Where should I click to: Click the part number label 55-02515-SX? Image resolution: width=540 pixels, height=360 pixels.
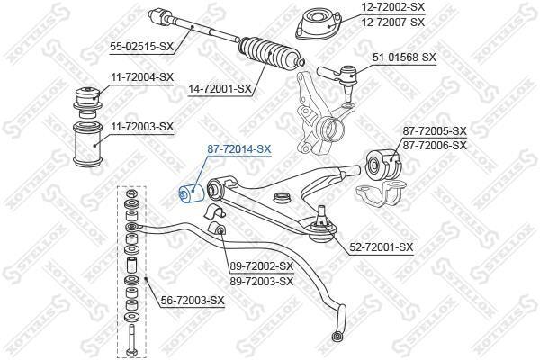click(142, 47)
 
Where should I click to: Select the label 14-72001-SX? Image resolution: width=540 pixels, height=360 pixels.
click(220, 89)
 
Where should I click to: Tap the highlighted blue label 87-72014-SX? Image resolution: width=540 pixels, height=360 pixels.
click(239, 149)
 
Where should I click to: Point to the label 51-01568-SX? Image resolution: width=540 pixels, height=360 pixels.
click(404, 58)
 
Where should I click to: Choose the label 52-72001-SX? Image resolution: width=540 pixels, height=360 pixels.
click(382, 247)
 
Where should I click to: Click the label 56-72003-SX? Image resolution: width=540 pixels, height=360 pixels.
click(193, 301)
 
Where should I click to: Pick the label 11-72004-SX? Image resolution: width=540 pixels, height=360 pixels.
click(142, 77)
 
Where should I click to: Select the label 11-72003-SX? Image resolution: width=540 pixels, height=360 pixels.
click(142, 127)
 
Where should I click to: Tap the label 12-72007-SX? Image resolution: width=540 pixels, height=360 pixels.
click(392, 22)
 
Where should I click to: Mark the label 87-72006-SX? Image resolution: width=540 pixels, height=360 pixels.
click(435, 146)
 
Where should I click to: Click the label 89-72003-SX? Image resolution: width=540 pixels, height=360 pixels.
click(262, 281)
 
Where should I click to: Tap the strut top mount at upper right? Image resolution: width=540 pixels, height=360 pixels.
click(319, 25)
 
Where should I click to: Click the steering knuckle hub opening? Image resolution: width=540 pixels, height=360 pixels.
click(331, 130)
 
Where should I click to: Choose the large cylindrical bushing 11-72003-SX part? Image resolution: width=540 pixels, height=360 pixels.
click(85, 144)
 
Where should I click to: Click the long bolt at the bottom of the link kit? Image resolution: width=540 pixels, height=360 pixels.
click(131, 341)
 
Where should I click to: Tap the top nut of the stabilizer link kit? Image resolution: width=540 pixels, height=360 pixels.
click(131, 193)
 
